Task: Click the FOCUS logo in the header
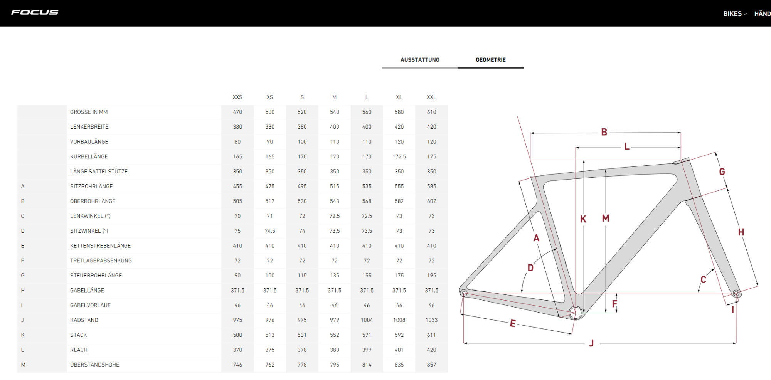[35, 13]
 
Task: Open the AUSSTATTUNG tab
[420, 60]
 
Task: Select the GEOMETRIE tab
[491, 60]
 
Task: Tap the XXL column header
[431, 97]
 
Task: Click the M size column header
[335, 97]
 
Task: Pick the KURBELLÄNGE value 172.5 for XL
[399, 156]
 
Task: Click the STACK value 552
[335, 335]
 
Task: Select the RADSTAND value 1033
[431, 320]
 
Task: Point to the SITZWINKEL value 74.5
[270, 231]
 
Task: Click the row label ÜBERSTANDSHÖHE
[94, 365]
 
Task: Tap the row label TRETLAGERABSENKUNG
[101, 261]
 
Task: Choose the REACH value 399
[367, 350]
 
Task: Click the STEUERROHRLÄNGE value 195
[431, 276]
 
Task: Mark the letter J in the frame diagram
[591, 343]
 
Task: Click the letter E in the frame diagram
[513, 323]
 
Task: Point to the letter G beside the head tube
[722, 172]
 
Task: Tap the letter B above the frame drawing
[604, 132]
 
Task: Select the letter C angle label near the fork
[704, 280]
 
